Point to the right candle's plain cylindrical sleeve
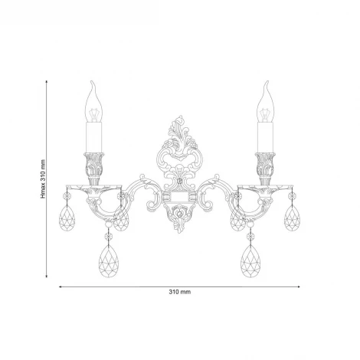tap(265, 139)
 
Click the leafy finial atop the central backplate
tap(180, 127)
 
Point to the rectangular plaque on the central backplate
tap(180, 198)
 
